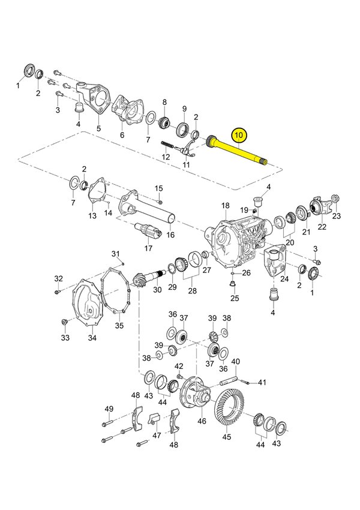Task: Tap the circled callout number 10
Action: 239,135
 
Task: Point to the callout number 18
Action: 225,206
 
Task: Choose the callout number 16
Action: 170,235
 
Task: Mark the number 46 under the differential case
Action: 202,422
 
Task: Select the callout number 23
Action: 336,216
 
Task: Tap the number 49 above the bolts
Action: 109,409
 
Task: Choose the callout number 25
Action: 235,298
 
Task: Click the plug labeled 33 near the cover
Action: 64,324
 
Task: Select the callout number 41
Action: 262,382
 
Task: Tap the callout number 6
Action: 122,135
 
